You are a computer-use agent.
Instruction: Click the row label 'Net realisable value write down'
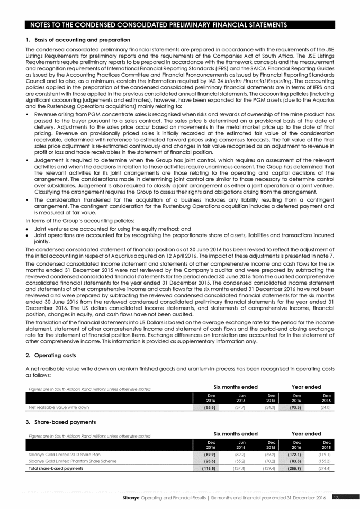pyautogui.click(x=59, y=407)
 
